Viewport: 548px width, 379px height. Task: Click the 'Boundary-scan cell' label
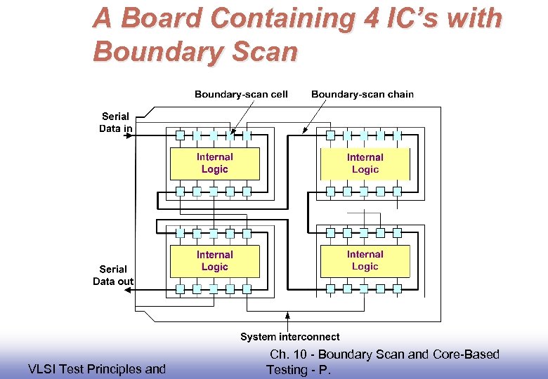tap(241, 94)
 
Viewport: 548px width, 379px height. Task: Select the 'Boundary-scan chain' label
tap(362, 94)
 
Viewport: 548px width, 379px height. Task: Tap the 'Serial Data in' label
tap(115, 122)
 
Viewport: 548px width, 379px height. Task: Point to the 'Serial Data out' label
tap(113, 275)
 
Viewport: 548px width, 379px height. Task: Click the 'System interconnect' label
tap(289, 337)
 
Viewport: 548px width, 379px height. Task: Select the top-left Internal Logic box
tap(214, 164)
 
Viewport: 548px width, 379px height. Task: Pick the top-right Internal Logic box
tap(365, 164)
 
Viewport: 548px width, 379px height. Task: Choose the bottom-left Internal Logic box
tap(214, 261)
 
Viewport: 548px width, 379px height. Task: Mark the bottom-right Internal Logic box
tap(365, 260)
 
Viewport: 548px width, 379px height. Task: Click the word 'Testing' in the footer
tap(287, 370)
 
